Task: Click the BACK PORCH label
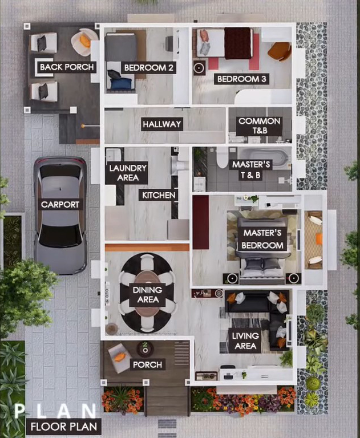tap(67, 67)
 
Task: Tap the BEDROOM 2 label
tap(149, 68)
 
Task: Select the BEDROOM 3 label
tap(241, 79)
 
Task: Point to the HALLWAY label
tap(162, 124)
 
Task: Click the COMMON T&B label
tap(260, 125)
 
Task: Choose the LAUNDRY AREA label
tap(128, 173)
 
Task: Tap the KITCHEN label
tap(159, 195)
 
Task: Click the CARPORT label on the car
tap(60, 205)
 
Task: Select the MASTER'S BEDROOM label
tap(262, 239)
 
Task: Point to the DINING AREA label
tap(148, 295)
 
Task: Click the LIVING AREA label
tap(245, 341)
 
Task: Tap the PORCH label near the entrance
tap(147, 364)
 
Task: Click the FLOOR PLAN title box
tap(64, 427)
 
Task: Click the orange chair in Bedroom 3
tap(280, 51)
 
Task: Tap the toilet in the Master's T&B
tap(223, 158)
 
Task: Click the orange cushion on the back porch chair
tap(85, 41)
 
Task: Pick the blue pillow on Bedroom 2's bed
tap(121, 83)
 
